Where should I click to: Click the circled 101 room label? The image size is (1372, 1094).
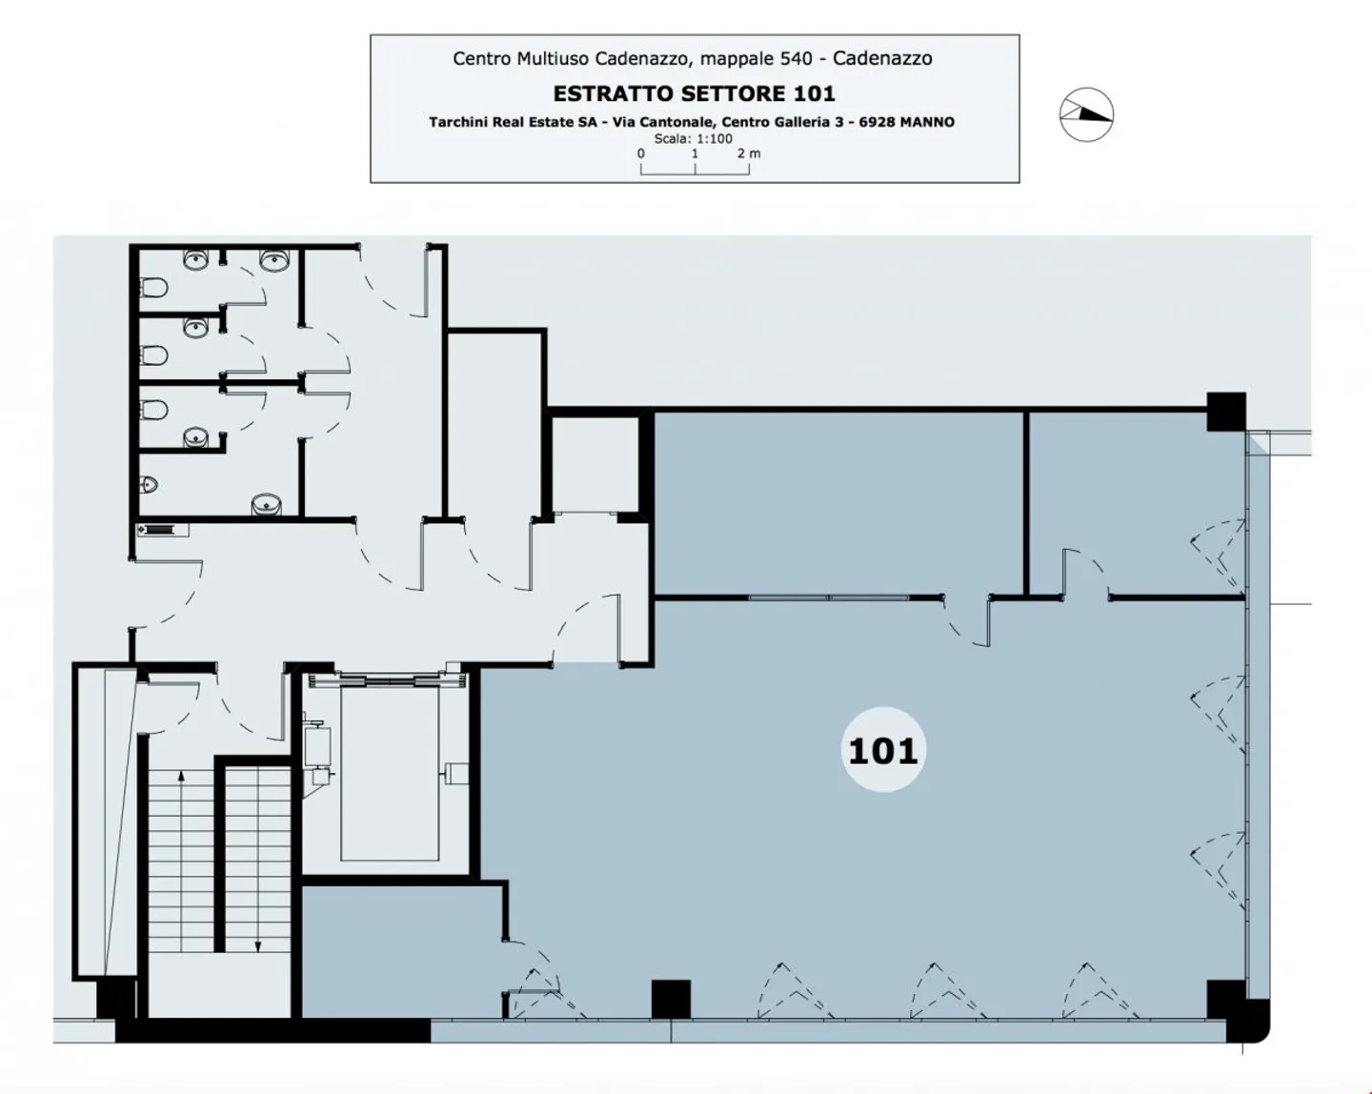click(882, 750)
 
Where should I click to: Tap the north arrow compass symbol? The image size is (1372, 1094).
click(1086, 114)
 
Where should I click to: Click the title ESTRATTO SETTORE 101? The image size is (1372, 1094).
click(694, 93)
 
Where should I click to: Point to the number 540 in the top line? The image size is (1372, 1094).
click(797, 59)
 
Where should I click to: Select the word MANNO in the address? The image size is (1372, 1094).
click(927, 122)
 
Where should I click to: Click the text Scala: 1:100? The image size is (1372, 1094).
click(693, 138)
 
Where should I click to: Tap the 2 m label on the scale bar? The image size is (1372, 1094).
click(749, 153)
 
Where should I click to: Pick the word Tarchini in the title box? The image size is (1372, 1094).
click(457, 122)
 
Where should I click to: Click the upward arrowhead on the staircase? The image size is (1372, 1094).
click(181, 777)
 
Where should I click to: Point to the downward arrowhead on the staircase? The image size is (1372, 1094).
click(257, 946)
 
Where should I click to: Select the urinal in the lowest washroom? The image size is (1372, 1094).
click(148, 485)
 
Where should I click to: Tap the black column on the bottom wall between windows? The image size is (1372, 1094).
click(671, 999)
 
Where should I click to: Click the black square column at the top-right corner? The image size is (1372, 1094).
click(1226, 412)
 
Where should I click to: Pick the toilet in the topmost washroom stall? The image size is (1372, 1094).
click(153, 289)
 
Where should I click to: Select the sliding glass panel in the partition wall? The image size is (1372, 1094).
click(829, 598)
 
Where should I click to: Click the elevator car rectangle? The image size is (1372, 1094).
click(390, 773)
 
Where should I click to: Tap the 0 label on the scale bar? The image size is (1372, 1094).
click(640, 153)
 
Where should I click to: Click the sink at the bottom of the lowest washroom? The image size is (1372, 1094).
click(267, 504)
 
